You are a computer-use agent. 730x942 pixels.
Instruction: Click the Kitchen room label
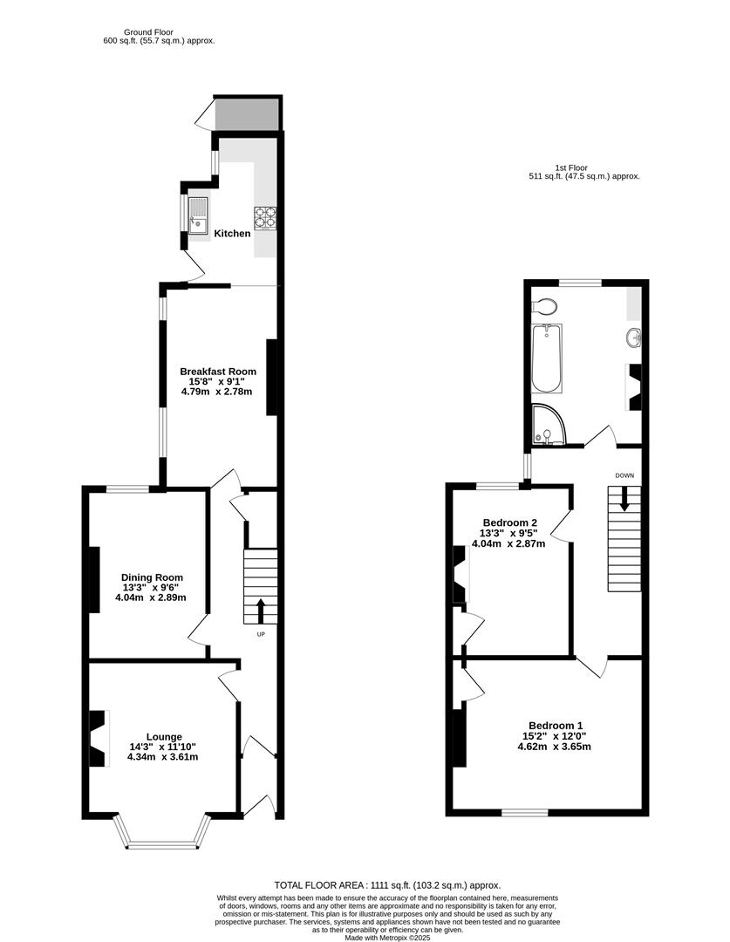[x=233, y=233]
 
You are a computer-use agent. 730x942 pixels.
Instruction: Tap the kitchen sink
[x=198, y=213]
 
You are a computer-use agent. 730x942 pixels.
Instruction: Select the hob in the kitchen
[x=265, y=216]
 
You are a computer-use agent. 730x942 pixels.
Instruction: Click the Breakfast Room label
[x=217, y=372]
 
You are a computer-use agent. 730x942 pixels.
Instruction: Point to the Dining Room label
[x=152, y=577]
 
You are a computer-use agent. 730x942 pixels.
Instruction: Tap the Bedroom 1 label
[x=556, y=726]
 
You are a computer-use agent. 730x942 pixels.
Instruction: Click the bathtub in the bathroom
[x=547, y=358]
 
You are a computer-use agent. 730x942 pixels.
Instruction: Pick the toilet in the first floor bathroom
[x=545, y=306]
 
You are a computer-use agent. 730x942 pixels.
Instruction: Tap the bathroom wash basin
[x=632, y=338]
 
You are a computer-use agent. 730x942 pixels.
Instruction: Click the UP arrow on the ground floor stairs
[x=260, y=610]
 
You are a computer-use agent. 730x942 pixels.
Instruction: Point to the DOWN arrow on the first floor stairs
[x=624, y=499]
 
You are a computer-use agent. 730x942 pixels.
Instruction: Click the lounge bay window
[x=164, y=843]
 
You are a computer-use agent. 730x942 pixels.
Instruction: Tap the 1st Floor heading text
[x=572, y=167]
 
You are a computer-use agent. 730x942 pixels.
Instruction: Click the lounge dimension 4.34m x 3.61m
[x=163, y=756]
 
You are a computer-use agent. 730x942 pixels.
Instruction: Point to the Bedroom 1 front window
[x=525, y=813]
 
